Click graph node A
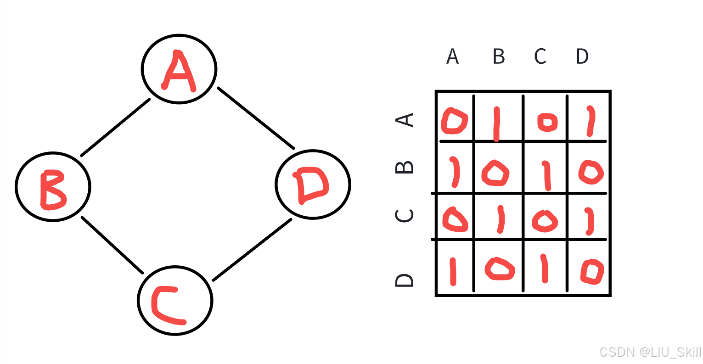[x=179, y=69]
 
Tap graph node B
[x=53, y=187]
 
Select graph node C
[x=175, y=301]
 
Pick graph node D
[x=313, y=185]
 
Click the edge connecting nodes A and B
[x=115, y=127]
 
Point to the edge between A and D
[x=256, y=118]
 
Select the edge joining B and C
[x=112, y=245]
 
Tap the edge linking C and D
[x=252, y=250]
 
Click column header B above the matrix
[x=499, y=56]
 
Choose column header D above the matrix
[x=582, y=56]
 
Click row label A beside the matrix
[x=405, y=120]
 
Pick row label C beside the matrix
[x=405, y=215]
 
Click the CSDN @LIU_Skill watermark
[x=650, y=352]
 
